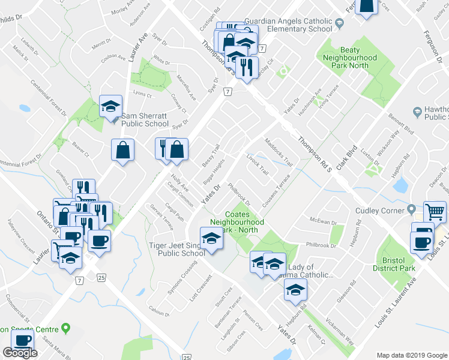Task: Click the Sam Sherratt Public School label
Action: (145, 119)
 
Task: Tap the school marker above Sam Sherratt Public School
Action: (110, 106)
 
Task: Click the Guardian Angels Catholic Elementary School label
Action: (298, 25)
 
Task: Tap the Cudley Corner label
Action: (377, 210)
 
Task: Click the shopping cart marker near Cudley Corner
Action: (434, 211)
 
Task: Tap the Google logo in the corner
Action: (20, 353)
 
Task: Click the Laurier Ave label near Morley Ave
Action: (137, 48)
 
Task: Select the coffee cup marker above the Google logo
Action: (23, 340)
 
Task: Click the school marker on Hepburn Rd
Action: (295, 290)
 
